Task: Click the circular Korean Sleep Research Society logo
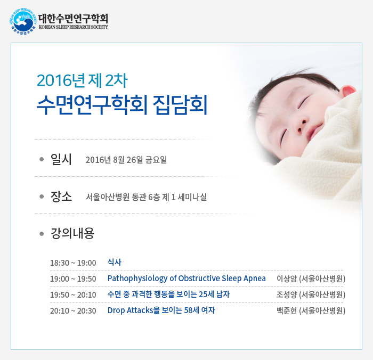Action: [x=23, y=21]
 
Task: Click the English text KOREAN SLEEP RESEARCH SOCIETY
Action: [x=74, y=27]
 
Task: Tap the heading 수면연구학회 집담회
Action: [x=122, y=105]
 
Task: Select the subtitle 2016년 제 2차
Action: [x=82, y=80]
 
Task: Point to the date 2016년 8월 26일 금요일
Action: [x=126, y=160]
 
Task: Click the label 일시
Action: [x=61, y=159]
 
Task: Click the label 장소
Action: [x=61, y=197]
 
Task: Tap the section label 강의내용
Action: [x=72, y=233]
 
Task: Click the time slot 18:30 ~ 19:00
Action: [x=73, y=263]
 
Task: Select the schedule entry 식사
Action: [x=115, y=262]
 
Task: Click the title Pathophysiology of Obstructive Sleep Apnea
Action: [x=186, y=279]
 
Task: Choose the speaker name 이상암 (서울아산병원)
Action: [x=311, y=279]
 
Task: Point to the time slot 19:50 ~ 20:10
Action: [x=73, y=294]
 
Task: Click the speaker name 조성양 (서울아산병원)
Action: [x=311, y=294]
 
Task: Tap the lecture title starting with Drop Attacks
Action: [x=161, y=310]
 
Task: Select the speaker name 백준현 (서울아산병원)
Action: [x=311, y=310]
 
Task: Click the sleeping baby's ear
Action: [x=348, y=91]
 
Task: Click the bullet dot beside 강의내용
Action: [x=42, y=234]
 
